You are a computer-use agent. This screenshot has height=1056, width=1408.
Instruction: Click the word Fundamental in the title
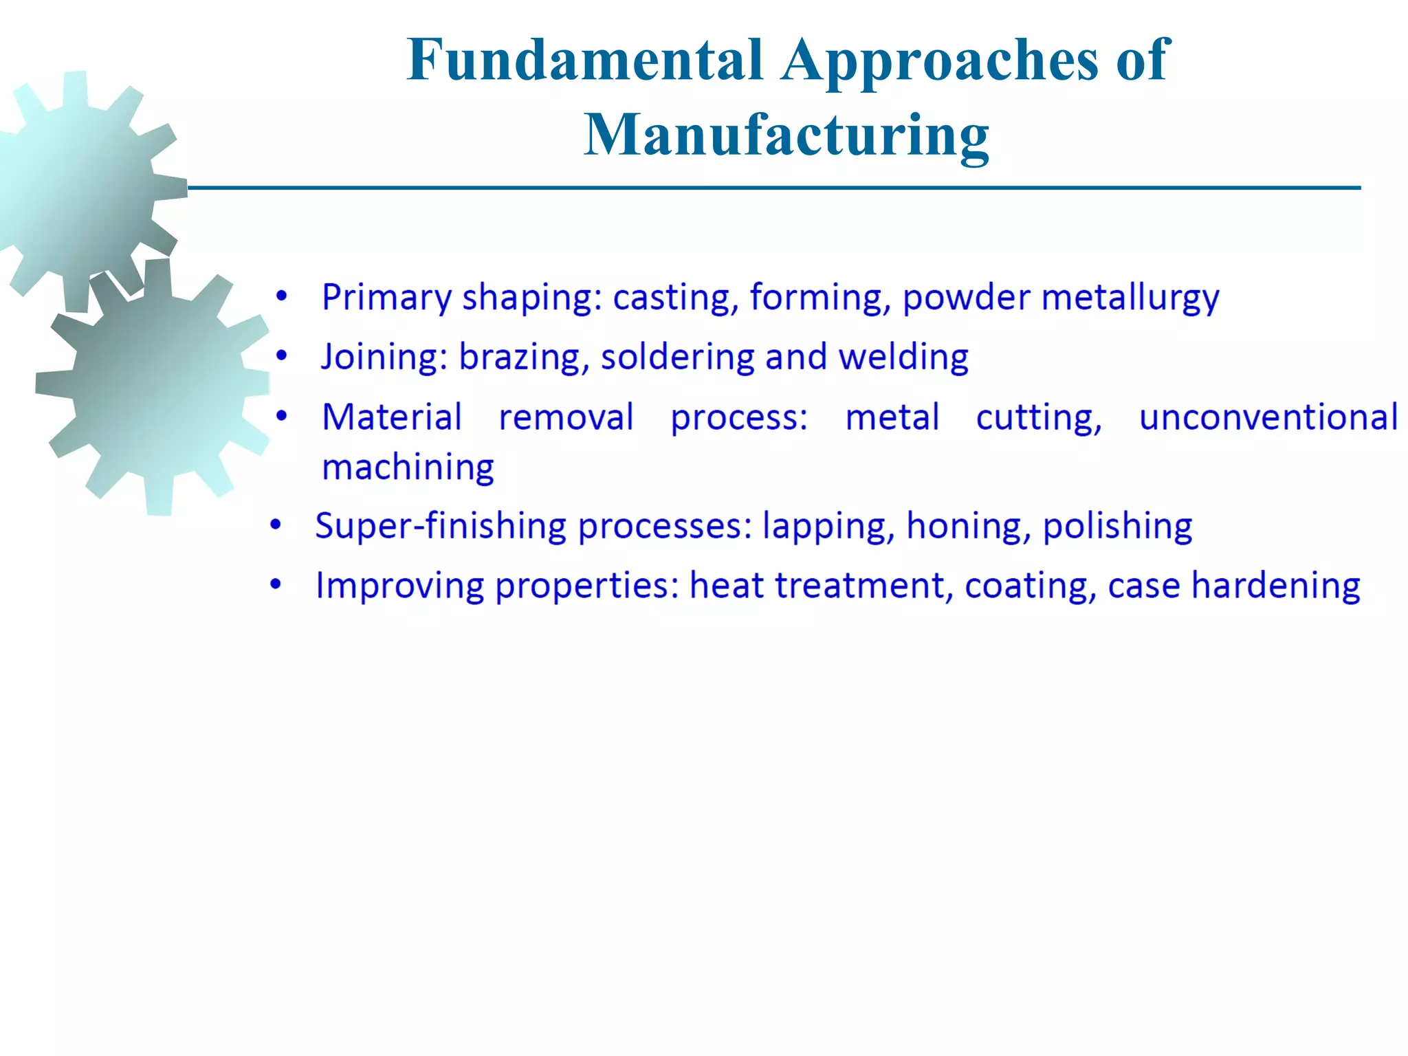[584, 60]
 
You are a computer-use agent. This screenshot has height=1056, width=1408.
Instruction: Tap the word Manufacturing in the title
[786, 135]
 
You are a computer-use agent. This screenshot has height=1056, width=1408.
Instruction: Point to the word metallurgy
[1130, 298]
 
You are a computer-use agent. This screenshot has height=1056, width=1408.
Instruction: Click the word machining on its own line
[408, 468]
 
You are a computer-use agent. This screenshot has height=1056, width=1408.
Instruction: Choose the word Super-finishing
[441, 527]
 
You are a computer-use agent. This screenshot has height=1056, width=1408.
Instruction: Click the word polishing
[1117, 527]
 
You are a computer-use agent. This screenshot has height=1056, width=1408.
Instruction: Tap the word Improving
[399, 586]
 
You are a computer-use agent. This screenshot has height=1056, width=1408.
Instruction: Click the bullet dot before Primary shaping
[281, 297]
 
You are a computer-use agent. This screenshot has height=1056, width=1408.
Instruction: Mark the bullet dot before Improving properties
[276, 585]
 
